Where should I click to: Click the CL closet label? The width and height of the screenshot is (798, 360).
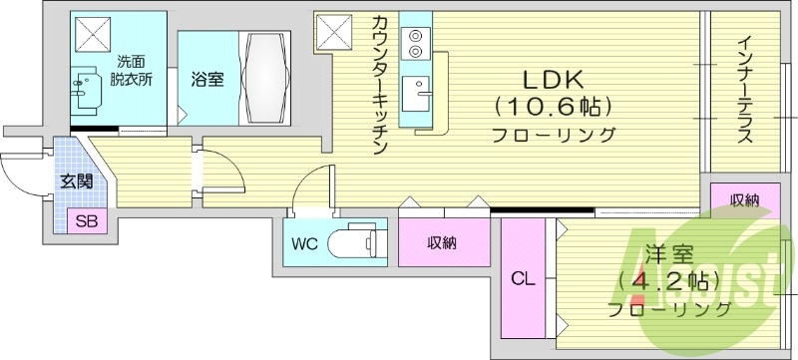tap(523, 280)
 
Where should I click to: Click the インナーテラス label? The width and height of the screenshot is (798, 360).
tap(744, 91)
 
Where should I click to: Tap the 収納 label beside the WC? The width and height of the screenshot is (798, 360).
tap(442, 242)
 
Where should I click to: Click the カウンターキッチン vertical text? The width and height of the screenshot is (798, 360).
tap(380, 85)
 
